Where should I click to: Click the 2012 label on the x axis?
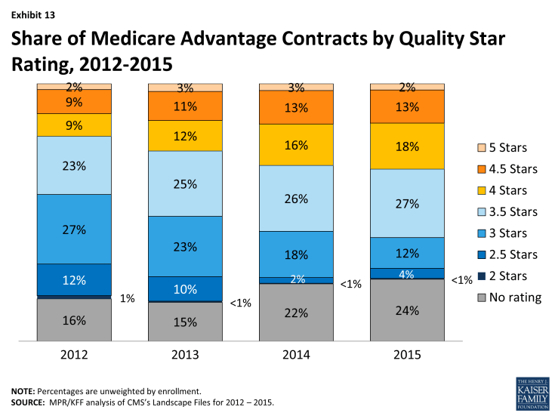coord(75,354)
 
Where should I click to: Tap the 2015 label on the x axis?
coord(406,354)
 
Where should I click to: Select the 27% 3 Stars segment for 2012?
coord(75,229)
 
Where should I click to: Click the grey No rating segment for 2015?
coord(406,310)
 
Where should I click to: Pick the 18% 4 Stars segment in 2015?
coord(406,146)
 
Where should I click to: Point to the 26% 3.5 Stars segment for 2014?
coord(296,199)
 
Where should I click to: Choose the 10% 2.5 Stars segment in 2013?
coord(185,288)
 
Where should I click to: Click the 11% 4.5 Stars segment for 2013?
coord(185,106)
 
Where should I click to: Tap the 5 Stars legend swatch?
coord(482,147)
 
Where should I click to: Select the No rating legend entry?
coord(513,297)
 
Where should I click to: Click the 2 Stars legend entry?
coord(508,276)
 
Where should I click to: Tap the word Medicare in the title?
coord(145,39)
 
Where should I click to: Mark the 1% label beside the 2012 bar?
coord(127,298)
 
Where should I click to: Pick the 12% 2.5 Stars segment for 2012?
coord(75,279)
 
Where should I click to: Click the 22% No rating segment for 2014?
coord(296,312)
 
